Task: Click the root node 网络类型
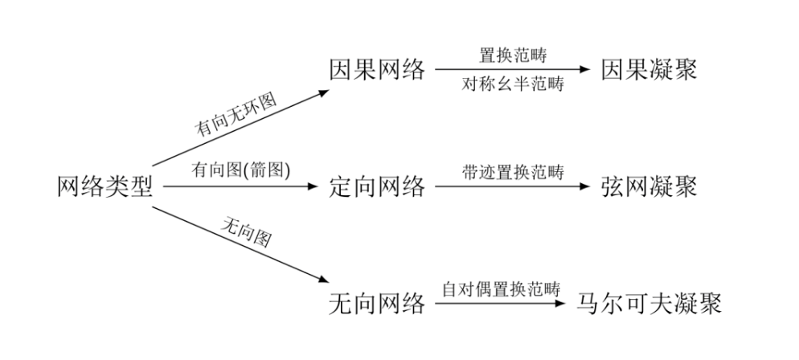(x=104, y=187)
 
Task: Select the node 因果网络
(x=377, y=71)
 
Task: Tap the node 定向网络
(x=377, y=187)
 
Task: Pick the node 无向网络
(x=377, y=304)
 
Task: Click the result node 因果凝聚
(x=648, y=71)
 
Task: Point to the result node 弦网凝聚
(x=648, y=187)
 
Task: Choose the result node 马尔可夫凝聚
(x=649, y=304)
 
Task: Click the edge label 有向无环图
(x=236, y=117)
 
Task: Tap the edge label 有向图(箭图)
(x=240, y=170)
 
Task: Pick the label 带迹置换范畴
(x=513, y=172)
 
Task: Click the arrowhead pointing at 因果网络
(x=323, y=92)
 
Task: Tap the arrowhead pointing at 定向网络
(x=314, y=187)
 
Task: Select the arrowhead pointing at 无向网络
(x=322, y=280)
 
